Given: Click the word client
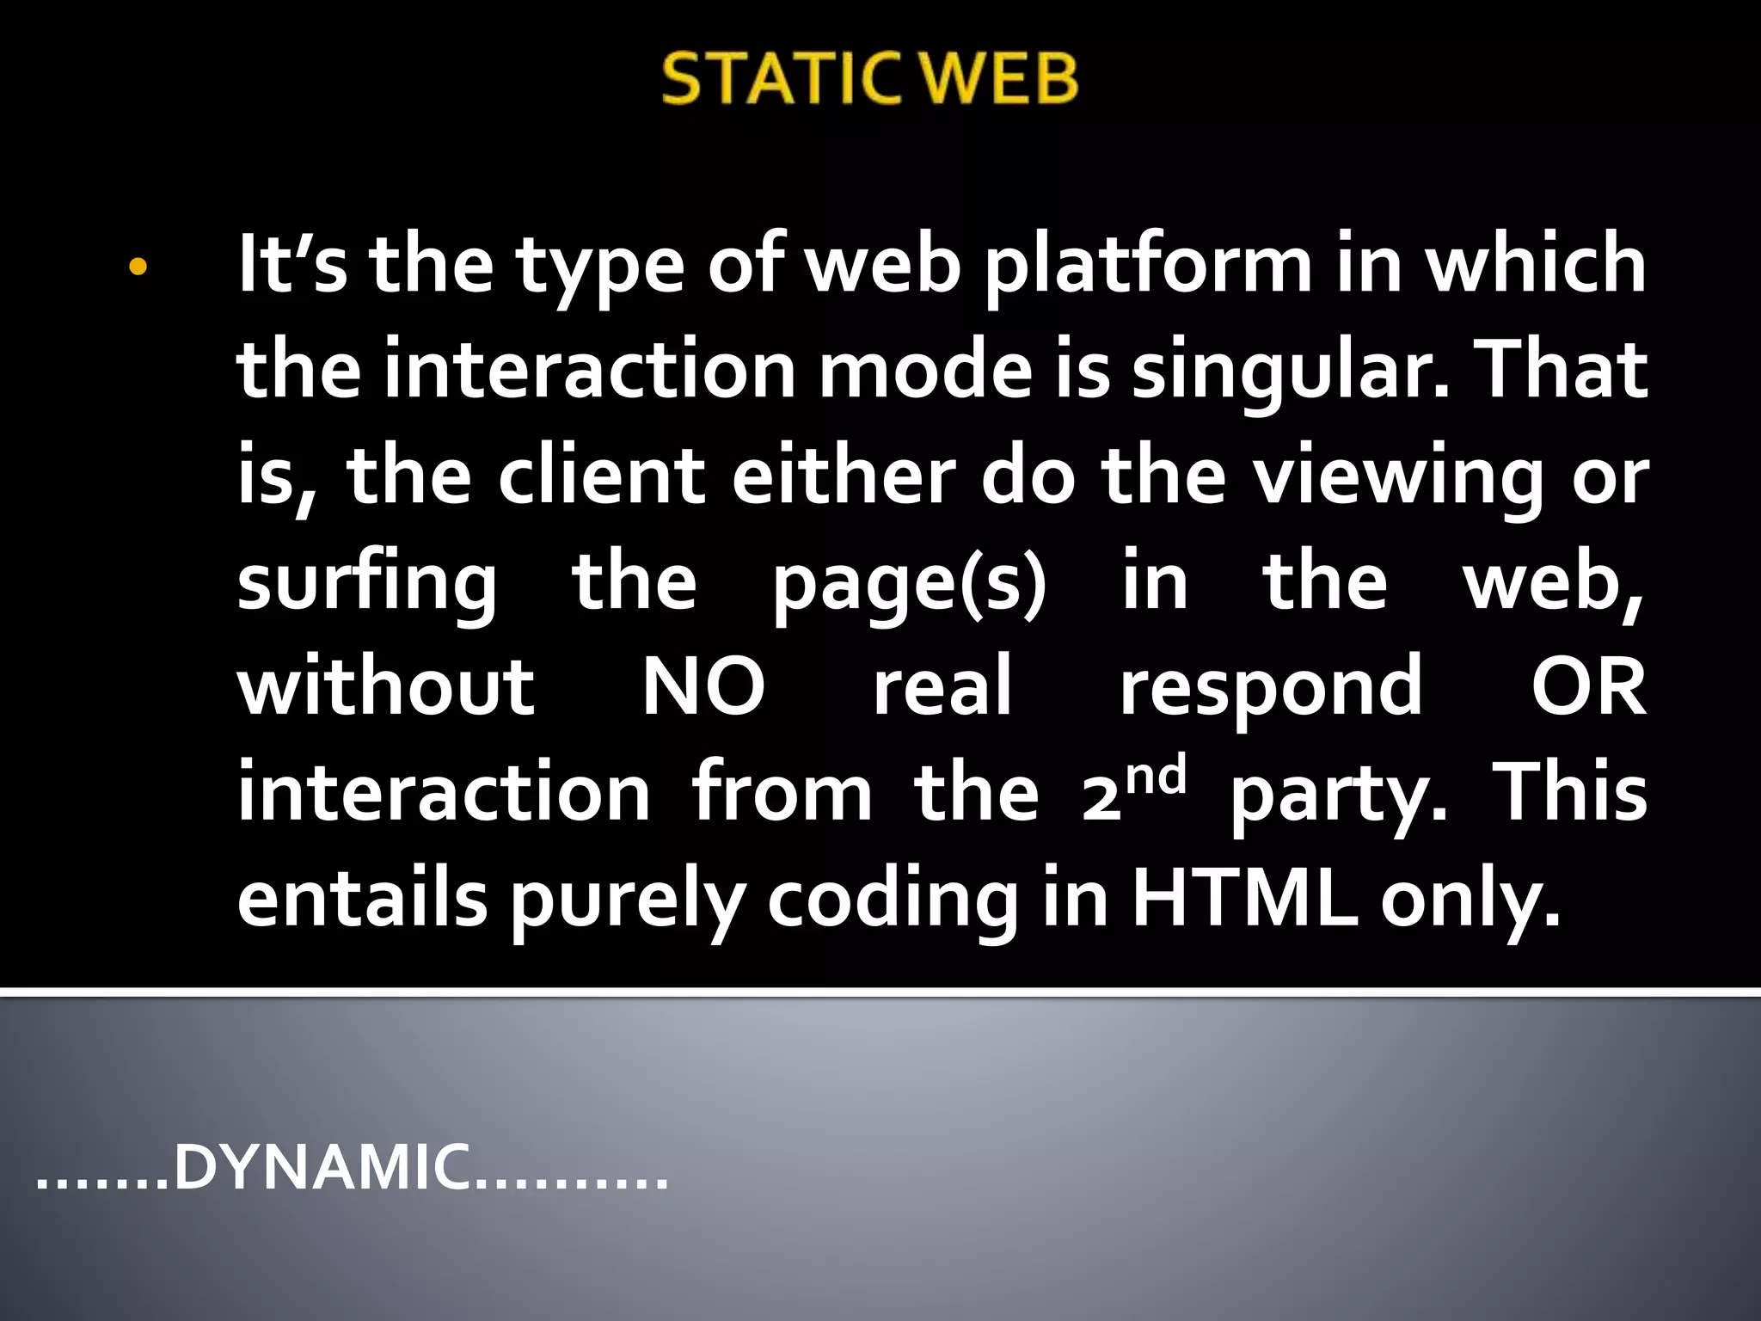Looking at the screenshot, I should (600, 477).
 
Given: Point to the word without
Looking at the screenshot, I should (386, 688).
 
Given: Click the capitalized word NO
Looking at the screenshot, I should (703, 688).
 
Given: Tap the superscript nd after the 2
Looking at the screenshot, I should (1157, 776).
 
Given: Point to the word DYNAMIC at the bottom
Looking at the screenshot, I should (322, 1168).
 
